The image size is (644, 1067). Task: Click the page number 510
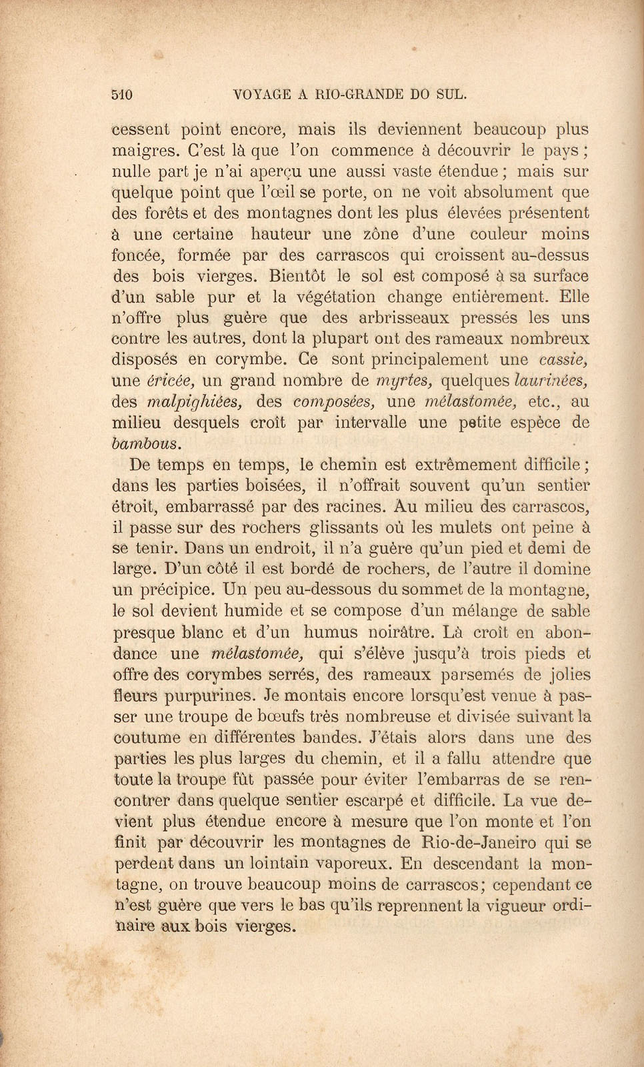click(122, 95)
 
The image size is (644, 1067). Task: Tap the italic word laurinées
click(551, 381)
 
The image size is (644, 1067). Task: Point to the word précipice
click(177, 590)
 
